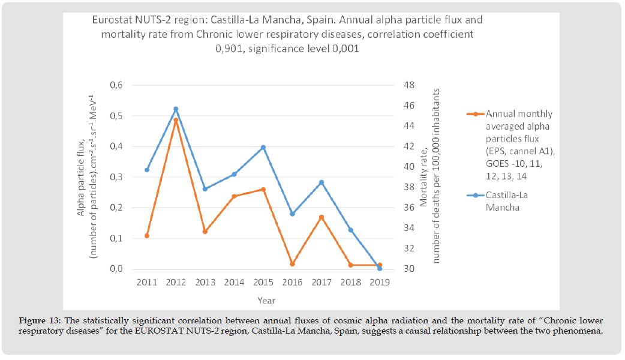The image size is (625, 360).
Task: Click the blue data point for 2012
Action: coord(176,109)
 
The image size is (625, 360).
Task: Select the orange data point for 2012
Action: coord(176,120)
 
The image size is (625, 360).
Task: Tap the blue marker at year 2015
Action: coord(263,148)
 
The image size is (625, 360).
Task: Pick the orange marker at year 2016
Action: coord(292,264)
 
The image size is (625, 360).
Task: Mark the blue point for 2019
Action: coord(380,268)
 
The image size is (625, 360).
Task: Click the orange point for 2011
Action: coord(146,236)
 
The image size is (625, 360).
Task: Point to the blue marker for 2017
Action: coord(321,182)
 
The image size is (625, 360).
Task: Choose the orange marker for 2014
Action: coord(234,196)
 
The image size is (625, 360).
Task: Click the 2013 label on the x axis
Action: coord(205,282)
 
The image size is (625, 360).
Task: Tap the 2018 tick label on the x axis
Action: coord(350,282)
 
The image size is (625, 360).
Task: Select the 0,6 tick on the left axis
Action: coord(117,85)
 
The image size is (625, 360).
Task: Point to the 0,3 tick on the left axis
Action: coord(117,177)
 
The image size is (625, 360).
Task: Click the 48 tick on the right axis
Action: coord(410,85)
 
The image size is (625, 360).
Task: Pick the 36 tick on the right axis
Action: coord(410,208)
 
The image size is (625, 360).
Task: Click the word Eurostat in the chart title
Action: coord(112,20)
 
